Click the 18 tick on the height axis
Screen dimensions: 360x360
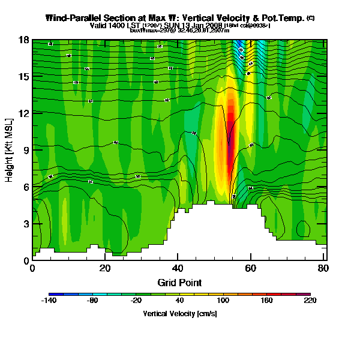coord(25,40)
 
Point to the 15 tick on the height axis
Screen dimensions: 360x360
coord(25,76)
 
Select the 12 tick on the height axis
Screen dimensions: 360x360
coord(25,113)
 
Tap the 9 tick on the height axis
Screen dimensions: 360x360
coord(25,150)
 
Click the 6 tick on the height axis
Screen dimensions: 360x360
coord(25,187)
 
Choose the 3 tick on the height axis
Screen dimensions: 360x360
coord(25,223)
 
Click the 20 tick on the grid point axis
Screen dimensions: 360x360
coord(105,268)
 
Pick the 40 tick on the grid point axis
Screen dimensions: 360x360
coord(178,268)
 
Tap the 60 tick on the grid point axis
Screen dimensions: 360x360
coord(250,268)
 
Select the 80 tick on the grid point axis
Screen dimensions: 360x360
coord(323,268)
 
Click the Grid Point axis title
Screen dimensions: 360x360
coord(179,282)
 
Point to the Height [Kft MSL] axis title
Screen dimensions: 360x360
coord(10,150)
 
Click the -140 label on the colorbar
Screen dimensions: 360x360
coord(49,301)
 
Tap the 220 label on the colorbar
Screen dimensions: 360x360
coord(310,301)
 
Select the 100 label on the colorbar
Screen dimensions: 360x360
coord(223,301)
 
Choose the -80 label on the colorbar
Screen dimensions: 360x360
coord(92,301)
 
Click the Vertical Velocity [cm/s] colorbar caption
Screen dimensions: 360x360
coord(179,313)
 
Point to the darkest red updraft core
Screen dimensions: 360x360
coord(229,108)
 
